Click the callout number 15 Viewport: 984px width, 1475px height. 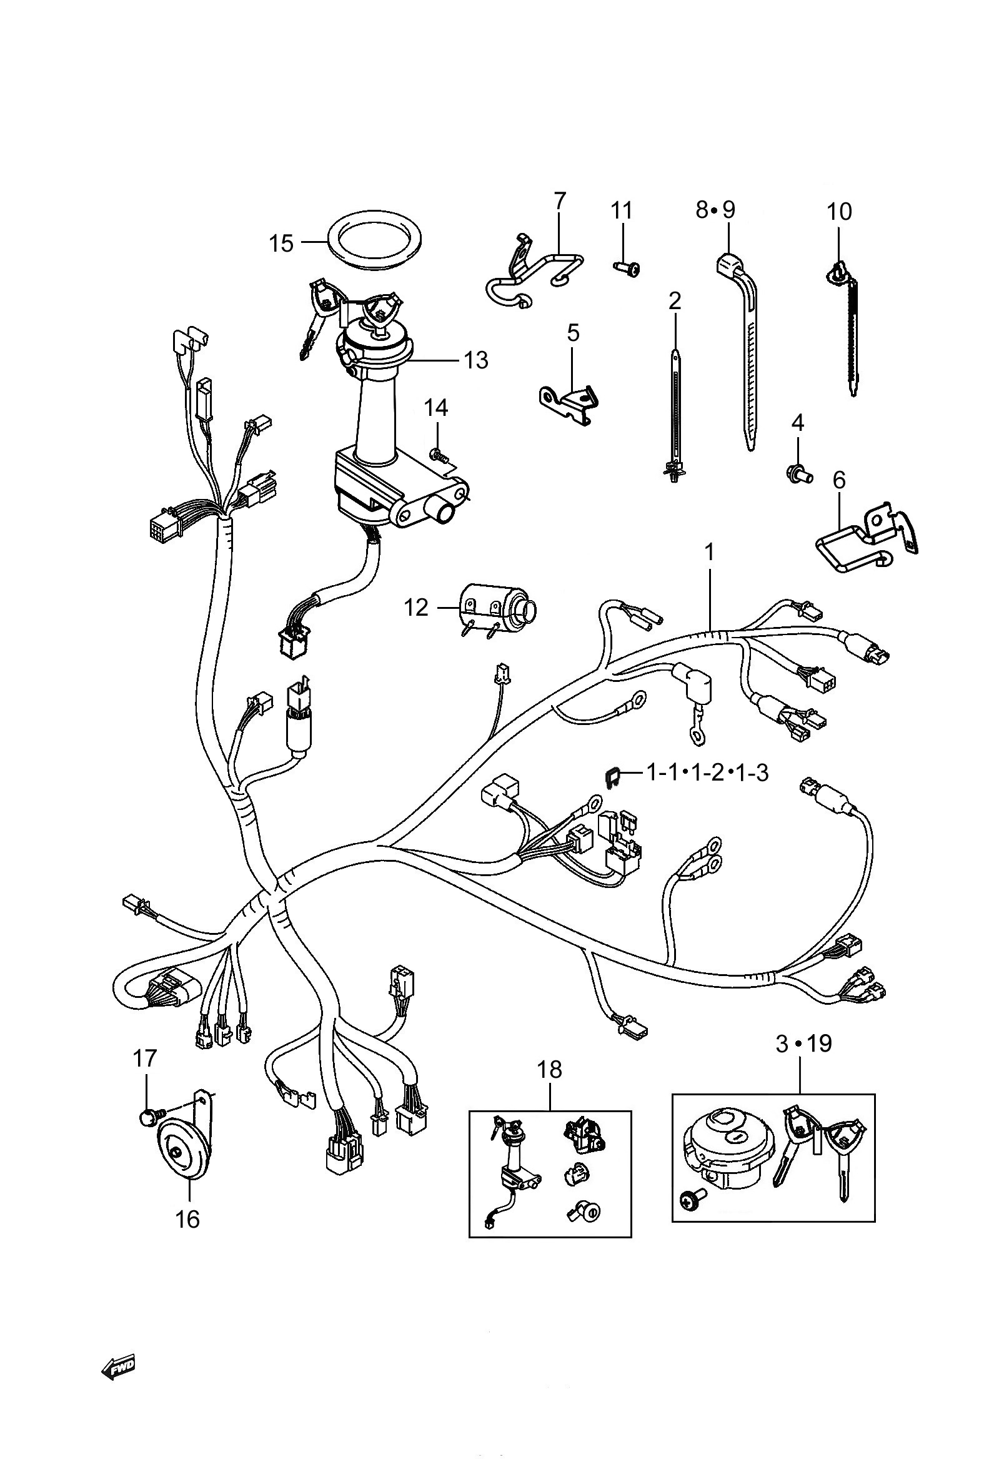click(x=281, y=243)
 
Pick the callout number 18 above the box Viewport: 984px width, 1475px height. click(x=550, y=1069)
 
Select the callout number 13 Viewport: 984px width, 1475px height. click(x=475, y=360)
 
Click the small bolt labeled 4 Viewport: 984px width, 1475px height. click(x=800, y=473)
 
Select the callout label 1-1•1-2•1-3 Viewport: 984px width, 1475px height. click(x=707, y=772)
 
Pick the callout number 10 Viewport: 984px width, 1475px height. click(x=839, y=212)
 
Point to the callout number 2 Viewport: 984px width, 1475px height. click(x=675, y=301)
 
